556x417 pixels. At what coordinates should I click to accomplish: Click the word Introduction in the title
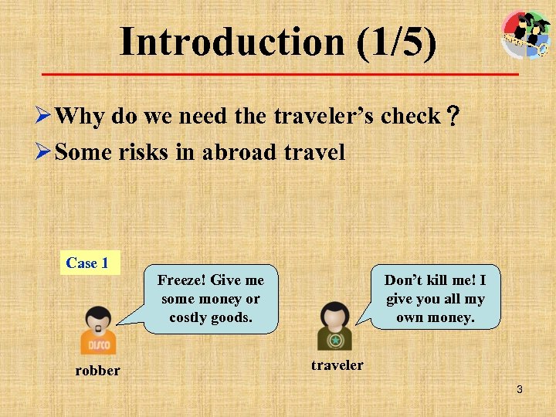tap(232, 42)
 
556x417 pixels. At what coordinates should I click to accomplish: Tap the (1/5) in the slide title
tap(397, 42)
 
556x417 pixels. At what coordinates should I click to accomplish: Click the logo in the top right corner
tap(526, 34)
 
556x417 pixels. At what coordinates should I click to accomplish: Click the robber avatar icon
tap(98, 330)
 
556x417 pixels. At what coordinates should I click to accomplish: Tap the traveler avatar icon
tap(334, 326)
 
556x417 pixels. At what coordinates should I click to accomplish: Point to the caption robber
tap(97, 371)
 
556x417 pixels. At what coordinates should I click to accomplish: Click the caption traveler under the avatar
tap(337, 364)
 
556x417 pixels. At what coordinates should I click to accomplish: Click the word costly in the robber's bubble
tap(189, 317)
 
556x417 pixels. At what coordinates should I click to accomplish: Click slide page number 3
tap(520, 390)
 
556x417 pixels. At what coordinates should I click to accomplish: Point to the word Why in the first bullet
tap(80, 117)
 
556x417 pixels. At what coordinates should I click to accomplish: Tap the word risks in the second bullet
tap(144, 152)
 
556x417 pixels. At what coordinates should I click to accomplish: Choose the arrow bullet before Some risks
tap(46, 152)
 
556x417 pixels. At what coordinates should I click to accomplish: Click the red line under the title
tap(280, 74)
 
